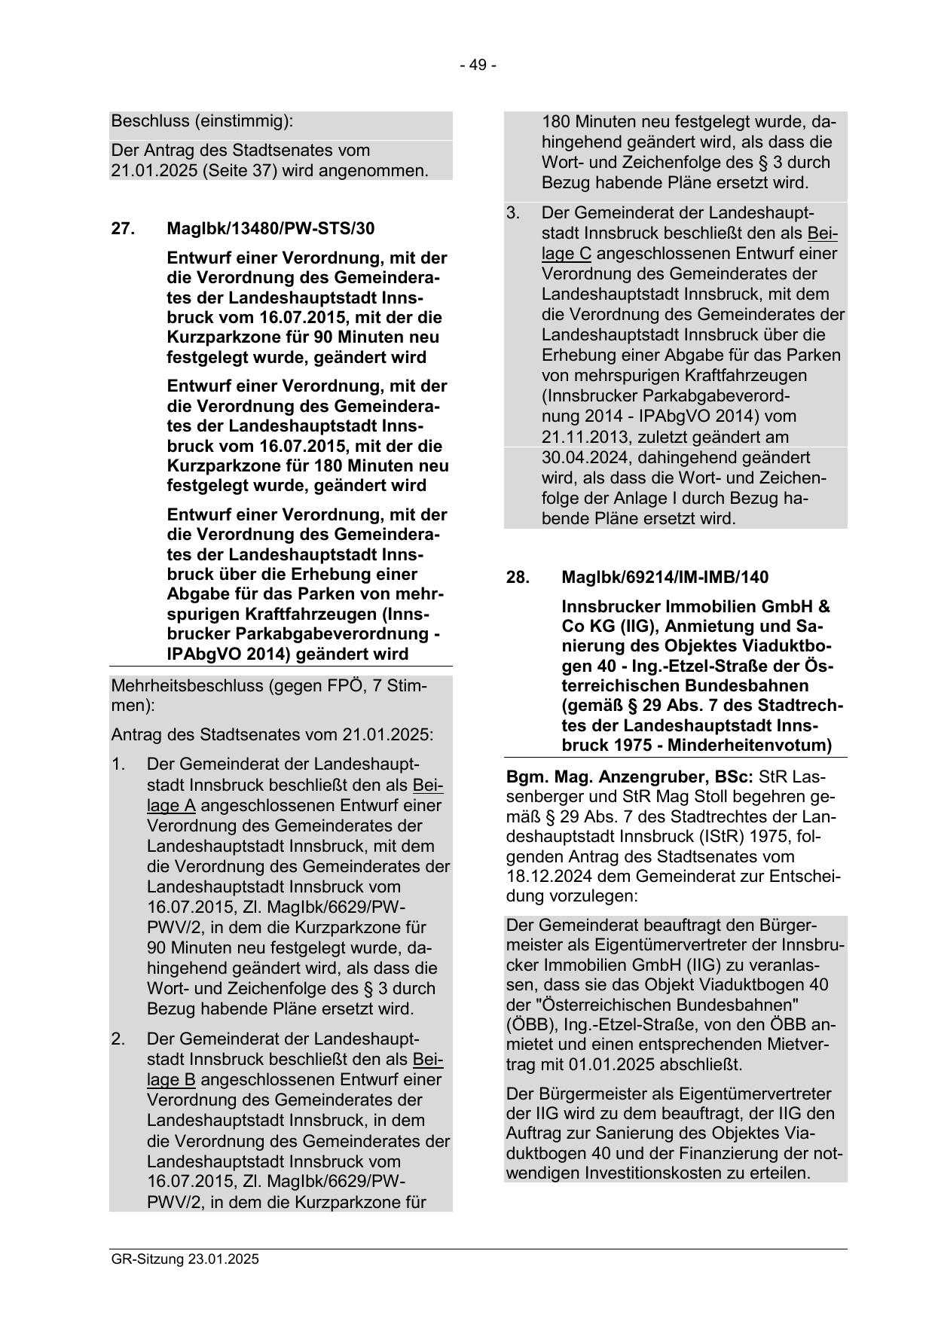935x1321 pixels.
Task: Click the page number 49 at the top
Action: [478, 66]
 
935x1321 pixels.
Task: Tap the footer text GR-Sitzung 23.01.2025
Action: [185, 1259]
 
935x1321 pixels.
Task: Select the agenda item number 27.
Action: [122, 228]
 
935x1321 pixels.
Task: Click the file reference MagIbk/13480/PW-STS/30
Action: [270, 228]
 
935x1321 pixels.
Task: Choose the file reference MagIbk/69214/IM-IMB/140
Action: [665, 577]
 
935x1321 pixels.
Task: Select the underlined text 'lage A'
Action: [171, 806]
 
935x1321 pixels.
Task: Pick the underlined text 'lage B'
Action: [171, 1079]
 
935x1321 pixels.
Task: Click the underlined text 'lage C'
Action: [566, 254]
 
